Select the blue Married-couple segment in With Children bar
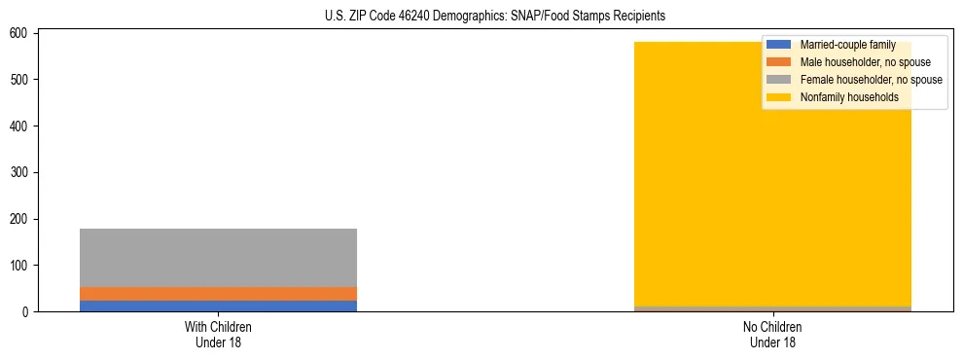coord(218,306)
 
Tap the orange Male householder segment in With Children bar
coord(218,294)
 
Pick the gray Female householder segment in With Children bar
coord(218,258)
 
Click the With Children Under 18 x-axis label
coord(218,335)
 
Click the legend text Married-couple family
coord(847,45)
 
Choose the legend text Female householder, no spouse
coord(871,80)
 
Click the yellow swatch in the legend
coord(779,97)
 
